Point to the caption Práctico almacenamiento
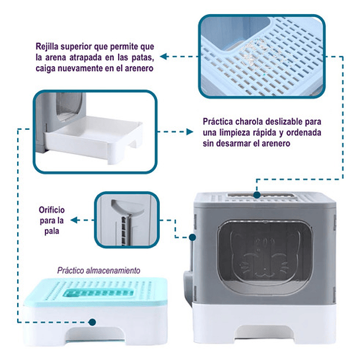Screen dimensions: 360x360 (99, 271)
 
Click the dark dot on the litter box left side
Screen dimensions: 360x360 (193, 238)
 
